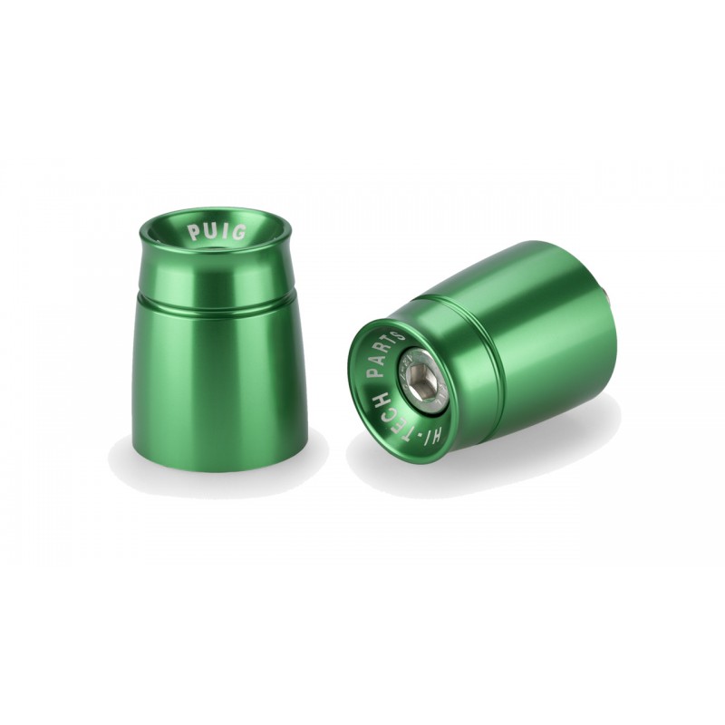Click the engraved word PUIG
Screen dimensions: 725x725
click(x=216, y=232)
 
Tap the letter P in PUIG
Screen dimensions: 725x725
click(x=193, y=233)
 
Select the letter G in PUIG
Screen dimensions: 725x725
click(x=238, y=232)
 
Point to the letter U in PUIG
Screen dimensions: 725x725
click(x=209, y=230)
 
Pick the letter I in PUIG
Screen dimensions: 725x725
click(x=224, y=230)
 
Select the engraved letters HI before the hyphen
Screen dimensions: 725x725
click(x=434, y=437)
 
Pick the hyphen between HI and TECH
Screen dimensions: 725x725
click(x=419, y=436)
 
